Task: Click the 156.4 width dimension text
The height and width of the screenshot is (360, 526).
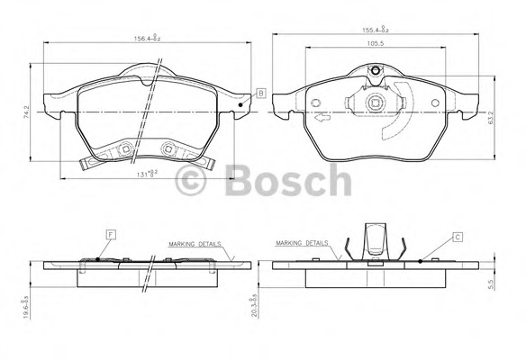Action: point(148,38)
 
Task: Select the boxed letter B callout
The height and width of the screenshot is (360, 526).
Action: point(260,94)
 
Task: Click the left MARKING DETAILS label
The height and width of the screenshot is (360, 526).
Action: point(195,244)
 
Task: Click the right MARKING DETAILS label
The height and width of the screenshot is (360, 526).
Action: point(304,244)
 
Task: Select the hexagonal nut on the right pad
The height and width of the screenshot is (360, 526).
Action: point(375,103)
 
